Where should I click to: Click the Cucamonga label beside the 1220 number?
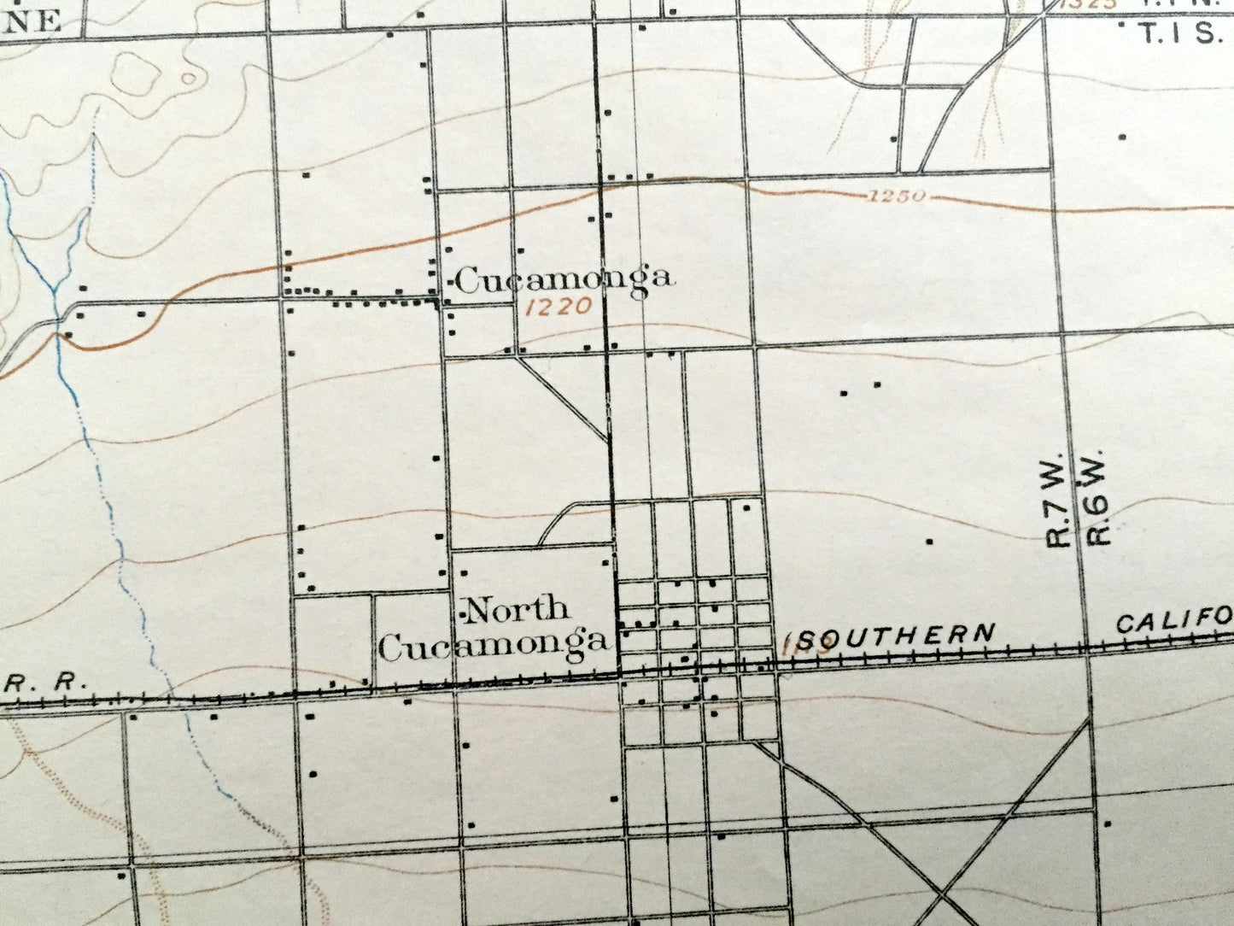point(564,279)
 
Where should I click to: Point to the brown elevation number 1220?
point(559,306)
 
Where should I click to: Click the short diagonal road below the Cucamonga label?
point(564,398)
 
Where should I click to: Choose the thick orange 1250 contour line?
point(342,256)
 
